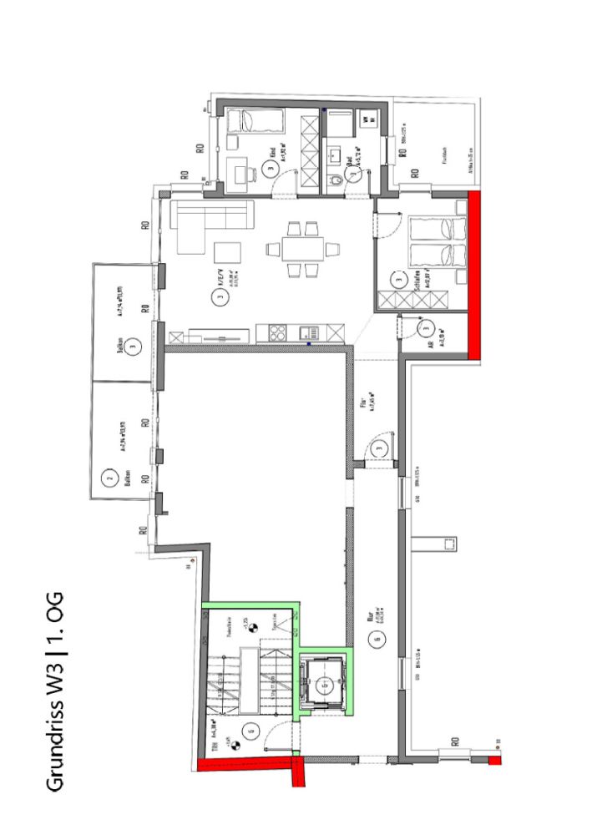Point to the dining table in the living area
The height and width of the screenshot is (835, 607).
point(303,249)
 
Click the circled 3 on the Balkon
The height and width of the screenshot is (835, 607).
point(132,345)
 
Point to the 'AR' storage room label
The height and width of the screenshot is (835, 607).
point(429,345)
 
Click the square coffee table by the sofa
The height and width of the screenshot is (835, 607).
point(228,252)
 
